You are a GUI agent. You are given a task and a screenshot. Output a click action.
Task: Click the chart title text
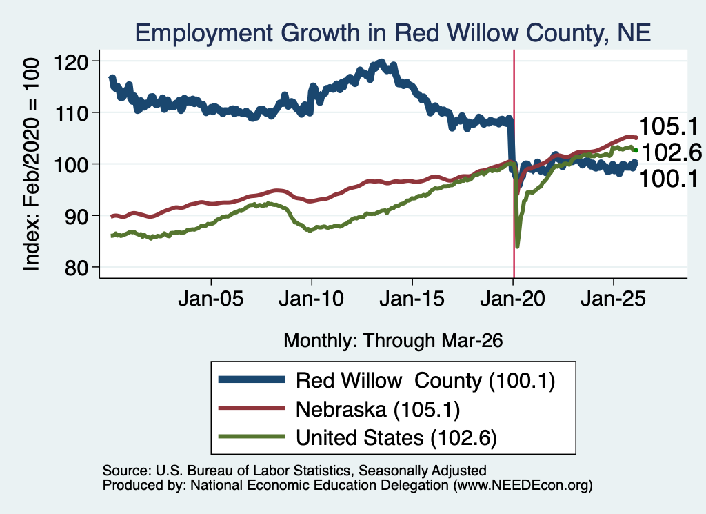click(x=393, y=33)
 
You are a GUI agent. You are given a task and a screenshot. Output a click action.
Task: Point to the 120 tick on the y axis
click(x=71, y=61)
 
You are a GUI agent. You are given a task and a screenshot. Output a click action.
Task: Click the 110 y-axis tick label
click(x=71, y=112)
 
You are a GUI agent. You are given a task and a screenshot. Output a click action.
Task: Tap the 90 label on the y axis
click(x=77, y=216)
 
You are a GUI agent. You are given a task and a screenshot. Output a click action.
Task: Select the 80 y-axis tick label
click(x=77, y=268)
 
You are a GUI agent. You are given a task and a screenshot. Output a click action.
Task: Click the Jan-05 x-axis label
click(x=211, y=299)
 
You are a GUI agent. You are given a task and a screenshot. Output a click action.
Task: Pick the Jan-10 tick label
click(x=312, y=299)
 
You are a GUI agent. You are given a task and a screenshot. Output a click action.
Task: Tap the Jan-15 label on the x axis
click(x=412, y=299)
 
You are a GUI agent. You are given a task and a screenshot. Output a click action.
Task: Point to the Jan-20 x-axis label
click(x=513, y=299)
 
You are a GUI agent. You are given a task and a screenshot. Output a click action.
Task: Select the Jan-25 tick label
click(x=613, y=299)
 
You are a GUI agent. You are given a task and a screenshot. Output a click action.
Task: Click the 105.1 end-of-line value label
click(x=668, y=126)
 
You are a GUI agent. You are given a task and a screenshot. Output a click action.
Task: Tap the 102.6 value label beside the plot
click(x=672, y=152)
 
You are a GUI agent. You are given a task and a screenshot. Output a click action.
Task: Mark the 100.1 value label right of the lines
click(x=668, y=179)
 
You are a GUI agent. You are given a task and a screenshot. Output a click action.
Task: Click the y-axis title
click(x=31, y=165)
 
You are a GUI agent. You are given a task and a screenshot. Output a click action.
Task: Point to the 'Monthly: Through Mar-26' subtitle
click(x=393, y=341)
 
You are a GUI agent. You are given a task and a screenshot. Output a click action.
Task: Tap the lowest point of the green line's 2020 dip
click(x=517, y=246)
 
